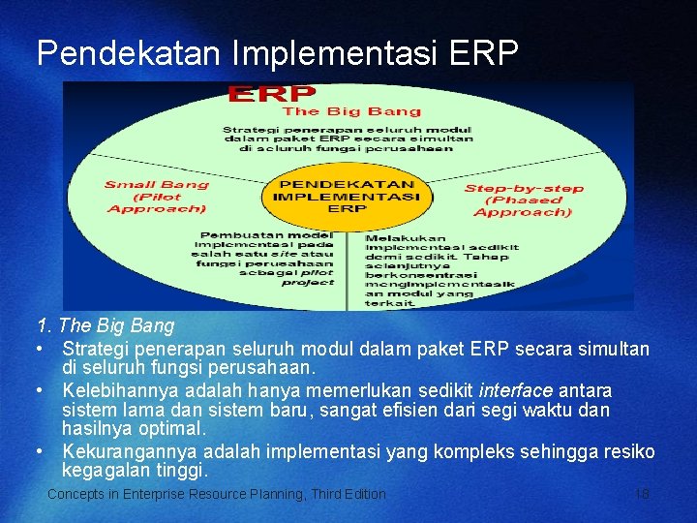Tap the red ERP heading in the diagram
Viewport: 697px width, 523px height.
point(271,93)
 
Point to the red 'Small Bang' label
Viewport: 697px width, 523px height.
point(157,184)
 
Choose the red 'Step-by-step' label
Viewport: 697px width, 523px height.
point(523,188)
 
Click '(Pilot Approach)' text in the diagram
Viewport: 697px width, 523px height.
point(157,201)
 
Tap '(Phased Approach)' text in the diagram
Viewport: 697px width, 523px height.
point(523,206)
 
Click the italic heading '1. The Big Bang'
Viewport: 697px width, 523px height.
point(106,325)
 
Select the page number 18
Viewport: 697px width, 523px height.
point(642,494)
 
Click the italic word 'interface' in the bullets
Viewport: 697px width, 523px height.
point(516,390)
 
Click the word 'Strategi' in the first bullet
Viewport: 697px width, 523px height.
point(96,349)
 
